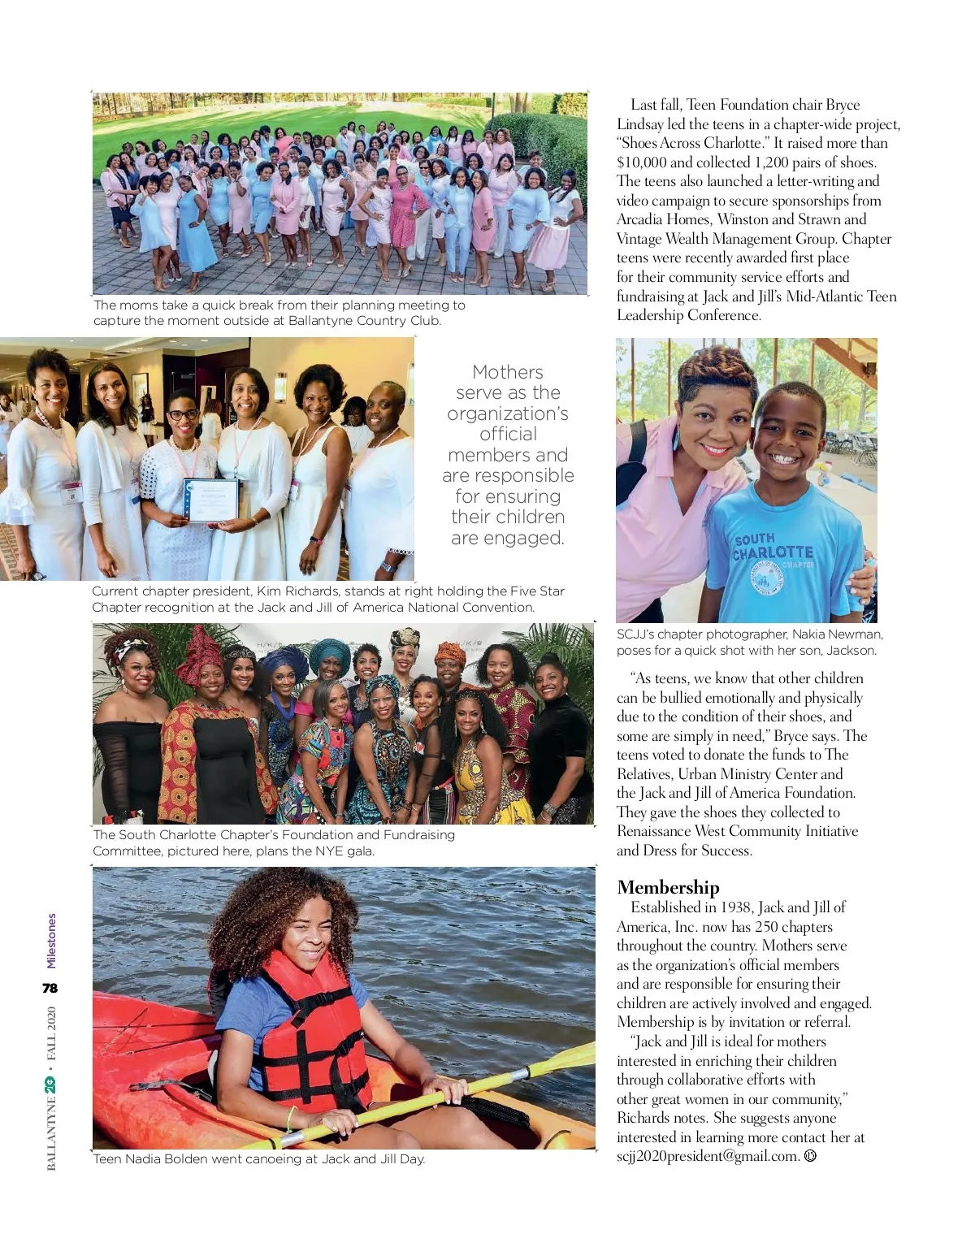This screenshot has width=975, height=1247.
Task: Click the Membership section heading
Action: pos(668,887)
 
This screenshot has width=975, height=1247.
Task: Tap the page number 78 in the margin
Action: pos(50,989)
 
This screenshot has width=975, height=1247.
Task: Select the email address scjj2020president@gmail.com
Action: pos(708,1156)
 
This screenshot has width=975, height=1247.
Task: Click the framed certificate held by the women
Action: pos(212,499)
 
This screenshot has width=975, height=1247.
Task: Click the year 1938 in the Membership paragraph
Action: pos(737,907)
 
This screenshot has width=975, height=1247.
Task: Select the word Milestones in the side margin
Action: pos(51,941)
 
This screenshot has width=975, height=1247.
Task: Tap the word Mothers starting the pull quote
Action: pos(508,372)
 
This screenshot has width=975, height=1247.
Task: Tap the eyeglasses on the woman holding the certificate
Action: pos(182,414)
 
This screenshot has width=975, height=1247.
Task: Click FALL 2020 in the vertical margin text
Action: pos(51,1037)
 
